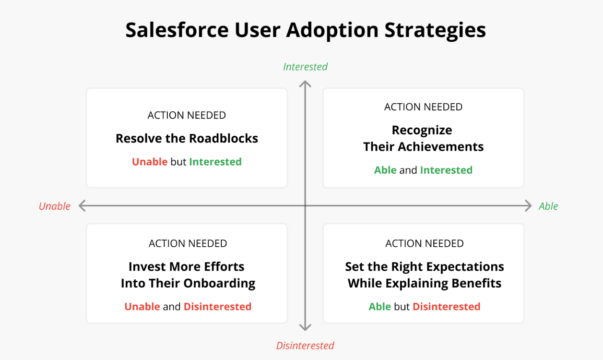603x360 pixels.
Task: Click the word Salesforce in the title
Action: pos(177,30)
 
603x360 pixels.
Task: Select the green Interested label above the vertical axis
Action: pos(305,67)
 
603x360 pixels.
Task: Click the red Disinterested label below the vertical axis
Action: pos(305,346)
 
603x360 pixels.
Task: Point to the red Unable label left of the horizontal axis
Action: pos(54,206)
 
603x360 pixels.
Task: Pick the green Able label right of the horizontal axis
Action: pos(548,206)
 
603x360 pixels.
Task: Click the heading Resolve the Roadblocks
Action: pos(187,138)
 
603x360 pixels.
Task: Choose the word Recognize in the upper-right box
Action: pos(422,131)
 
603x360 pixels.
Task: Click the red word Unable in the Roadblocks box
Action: pos(150,162)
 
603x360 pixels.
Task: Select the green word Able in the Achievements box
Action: pos(385,170)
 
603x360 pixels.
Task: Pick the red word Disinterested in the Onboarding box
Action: pos(217,307)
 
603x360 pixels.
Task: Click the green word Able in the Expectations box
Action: pos(380,307)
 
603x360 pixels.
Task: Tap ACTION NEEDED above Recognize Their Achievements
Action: pos(424,107)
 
